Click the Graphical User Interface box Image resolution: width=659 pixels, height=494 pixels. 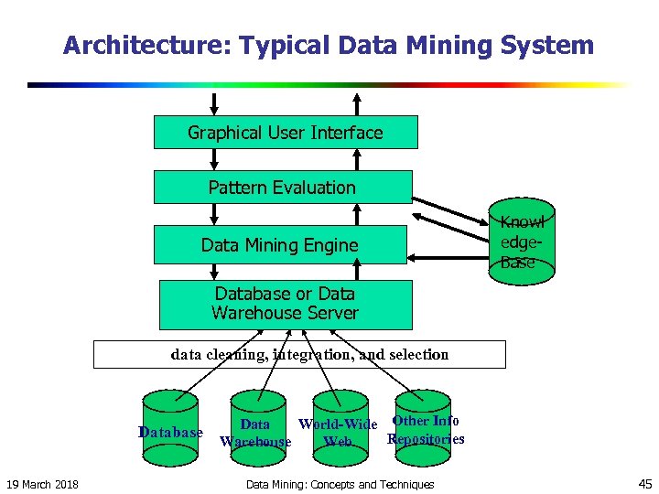pos(286,133)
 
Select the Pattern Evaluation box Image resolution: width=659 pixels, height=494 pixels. pos(282,188)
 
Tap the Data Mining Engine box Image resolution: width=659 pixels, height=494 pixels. pos(280,244)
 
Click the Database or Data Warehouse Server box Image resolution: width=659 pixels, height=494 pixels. pos(286,304)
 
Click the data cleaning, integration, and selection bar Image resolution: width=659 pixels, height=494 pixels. pos(299,354)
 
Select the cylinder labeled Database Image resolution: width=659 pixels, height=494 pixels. pos(170,421)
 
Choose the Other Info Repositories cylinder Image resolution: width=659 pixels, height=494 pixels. pos(422,419)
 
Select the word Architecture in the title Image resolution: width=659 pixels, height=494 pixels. pos(122,46)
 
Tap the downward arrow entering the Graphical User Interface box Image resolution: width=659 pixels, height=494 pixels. pos(214,102)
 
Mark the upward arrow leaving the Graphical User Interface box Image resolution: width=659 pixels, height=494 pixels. pos(357,102)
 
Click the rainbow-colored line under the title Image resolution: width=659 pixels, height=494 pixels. pos(329,85)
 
